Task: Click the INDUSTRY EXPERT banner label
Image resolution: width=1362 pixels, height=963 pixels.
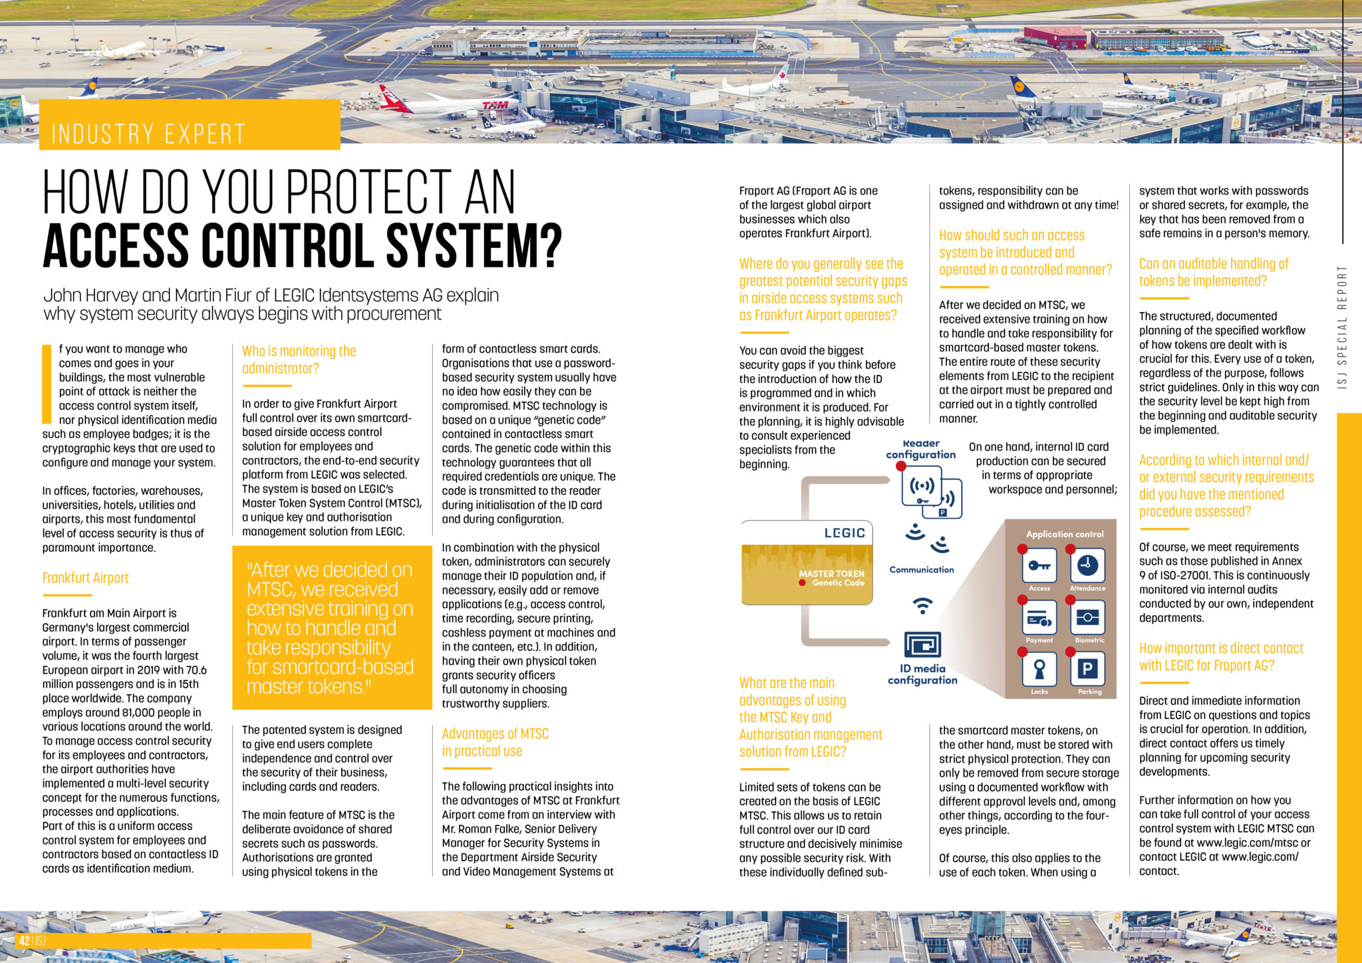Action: [149, 134]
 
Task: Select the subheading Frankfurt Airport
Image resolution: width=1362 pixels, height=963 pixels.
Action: [86, 578]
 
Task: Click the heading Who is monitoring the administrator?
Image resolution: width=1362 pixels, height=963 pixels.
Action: [299, 360]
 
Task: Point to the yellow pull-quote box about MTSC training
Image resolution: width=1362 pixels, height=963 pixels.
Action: [331, 628]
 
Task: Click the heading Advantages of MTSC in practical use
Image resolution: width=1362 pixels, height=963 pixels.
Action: [495, 742]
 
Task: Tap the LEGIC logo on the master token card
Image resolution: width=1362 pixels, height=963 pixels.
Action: [844, 533]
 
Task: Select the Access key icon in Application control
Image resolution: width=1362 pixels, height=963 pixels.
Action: [1039, 566]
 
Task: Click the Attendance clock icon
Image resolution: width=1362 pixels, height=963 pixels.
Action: [1087, 566]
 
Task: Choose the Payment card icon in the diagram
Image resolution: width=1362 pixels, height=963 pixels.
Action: [1039, 618]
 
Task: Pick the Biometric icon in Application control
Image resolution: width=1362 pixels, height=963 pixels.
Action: [1088, 618]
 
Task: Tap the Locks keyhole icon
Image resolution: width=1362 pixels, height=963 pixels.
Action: [1039, 668]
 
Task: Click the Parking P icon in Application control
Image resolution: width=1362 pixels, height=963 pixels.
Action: [1088, 668]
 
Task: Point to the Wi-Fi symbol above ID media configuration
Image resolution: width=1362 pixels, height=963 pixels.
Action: [922, 606]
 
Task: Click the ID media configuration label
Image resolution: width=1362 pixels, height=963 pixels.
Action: [922, 674]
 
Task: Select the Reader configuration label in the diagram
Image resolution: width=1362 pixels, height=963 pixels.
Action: [921, 450]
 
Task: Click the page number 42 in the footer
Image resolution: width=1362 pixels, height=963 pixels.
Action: [24, 941]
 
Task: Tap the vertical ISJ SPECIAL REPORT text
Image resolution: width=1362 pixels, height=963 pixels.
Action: [1342, 327]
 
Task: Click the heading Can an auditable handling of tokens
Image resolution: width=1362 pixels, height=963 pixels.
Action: [1214, 273]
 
